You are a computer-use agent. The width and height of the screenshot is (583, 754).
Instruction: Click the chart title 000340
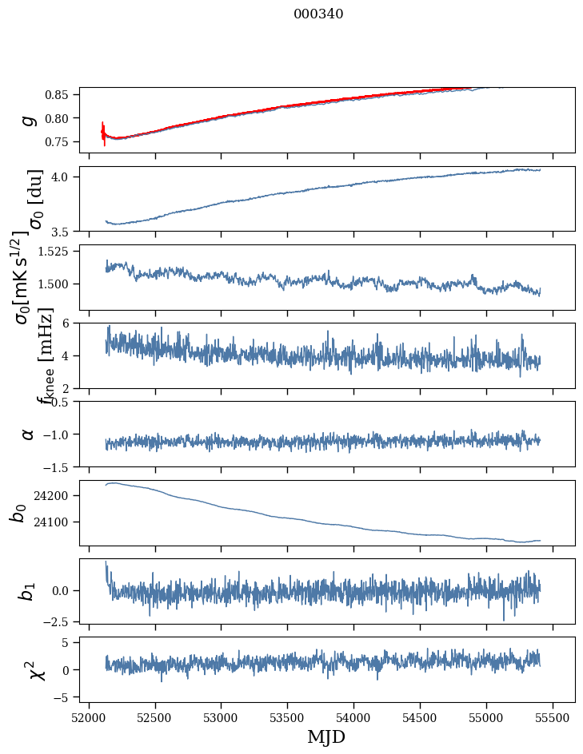318,14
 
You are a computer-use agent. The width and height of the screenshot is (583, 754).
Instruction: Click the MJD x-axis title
326,737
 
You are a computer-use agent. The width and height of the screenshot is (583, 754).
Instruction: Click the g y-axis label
29,120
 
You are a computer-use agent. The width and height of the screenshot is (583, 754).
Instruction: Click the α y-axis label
29,434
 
